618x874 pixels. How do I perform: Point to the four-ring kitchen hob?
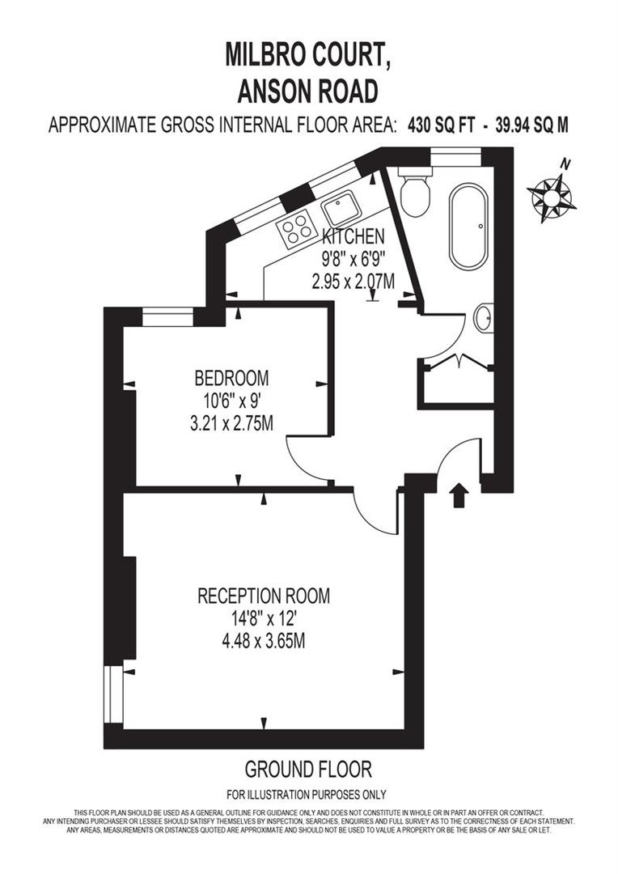pyautogui.click(x=297, y=228)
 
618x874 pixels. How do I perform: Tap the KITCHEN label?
pyautogui.click(x=353, y=237)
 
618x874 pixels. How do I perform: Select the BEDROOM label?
pyautogui.click(x=231, y=378)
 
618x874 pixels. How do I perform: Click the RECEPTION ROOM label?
pyautogui.click(x=264, y=596)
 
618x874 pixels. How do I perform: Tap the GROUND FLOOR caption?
pyautogui.click(x=308, y=768)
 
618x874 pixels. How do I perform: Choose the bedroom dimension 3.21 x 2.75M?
pyautogui.click(x=231, y=422)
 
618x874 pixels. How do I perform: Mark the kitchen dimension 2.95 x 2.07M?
pyautogui.click(x=353, y=282)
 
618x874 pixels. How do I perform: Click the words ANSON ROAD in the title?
pyautogui.click(x=308, y=91)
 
